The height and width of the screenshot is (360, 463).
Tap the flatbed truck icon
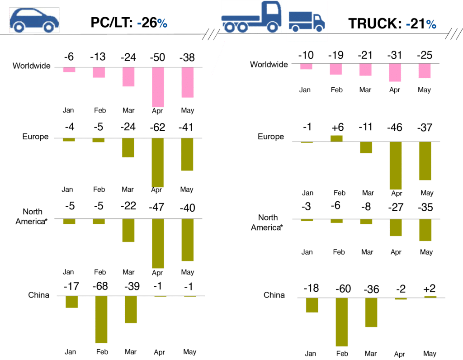tap(250, 18)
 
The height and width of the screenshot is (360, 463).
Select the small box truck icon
tap(307, 21)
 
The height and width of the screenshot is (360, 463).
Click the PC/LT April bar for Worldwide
tap(158, 87)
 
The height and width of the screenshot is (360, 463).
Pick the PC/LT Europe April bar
tap(158, 162)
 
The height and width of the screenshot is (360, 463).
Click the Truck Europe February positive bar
tap(336, 138)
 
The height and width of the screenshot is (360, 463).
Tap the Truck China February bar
tap(342, 322)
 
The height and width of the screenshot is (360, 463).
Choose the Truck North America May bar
tap(425, 231)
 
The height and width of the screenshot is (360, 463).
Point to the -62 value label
tap(158, 128)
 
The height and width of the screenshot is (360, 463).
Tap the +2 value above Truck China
tap(429, 288)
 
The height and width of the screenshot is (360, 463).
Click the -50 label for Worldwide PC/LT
tap(158, 57)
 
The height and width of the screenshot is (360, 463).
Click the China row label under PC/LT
tap(38, 295)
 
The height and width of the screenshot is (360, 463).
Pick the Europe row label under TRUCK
tap(271, 137)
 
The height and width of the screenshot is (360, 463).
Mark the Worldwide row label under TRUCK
tap(269, 65)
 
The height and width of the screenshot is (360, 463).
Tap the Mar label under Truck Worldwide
tap(365, 90)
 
